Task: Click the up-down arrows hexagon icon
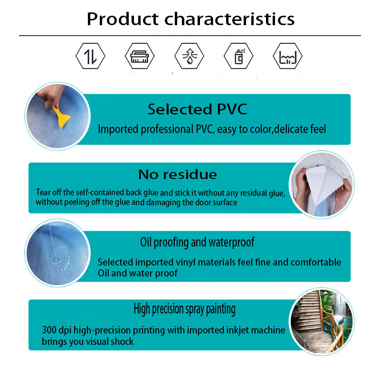point(90,56)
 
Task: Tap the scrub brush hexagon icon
point(140,56)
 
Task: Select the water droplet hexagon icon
point(189,56)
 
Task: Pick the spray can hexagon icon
point(238,56)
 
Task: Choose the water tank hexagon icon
point(288,56)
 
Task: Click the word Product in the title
point(123,19)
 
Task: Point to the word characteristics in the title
point(229,19)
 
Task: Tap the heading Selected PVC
point(198,109)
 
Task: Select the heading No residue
point(178,174)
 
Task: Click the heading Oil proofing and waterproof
point(197,242)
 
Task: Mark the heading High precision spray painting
point(185,309)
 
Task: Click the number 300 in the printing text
point(49,330)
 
